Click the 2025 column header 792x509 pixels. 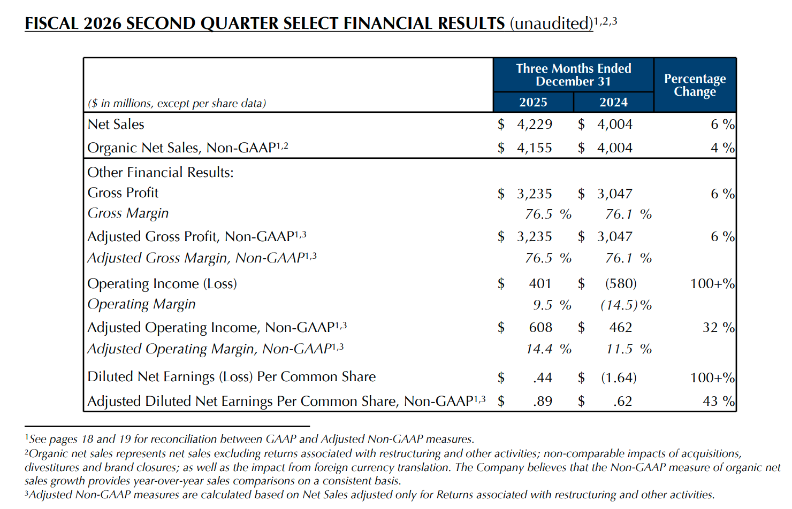[533, 102]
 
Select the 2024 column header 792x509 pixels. [613, 102]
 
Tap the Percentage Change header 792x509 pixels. [695, 85]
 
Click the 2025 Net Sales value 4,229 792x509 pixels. [534, 125]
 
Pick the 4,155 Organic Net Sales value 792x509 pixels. [534, 148]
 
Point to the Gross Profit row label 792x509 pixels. [123, 193]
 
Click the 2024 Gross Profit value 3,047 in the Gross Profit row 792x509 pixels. [614, 194]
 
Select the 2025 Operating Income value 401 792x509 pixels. [539, 284]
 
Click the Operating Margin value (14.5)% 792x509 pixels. [626, 305]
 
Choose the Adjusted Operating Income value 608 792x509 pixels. [540, 328]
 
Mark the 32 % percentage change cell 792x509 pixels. [718, 328]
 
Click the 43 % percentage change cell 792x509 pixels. [718, 402]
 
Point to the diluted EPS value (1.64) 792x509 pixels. [619, 378]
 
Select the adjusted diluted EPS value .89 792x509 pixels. [542, 402]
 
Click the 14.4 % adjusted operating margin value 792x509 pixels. [548, 349]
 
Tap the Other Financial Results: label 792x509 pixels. [161, 173]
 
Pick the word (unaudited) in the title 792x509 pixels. [551, 24]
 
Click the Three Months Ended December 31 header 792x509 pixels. [573, 75]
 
